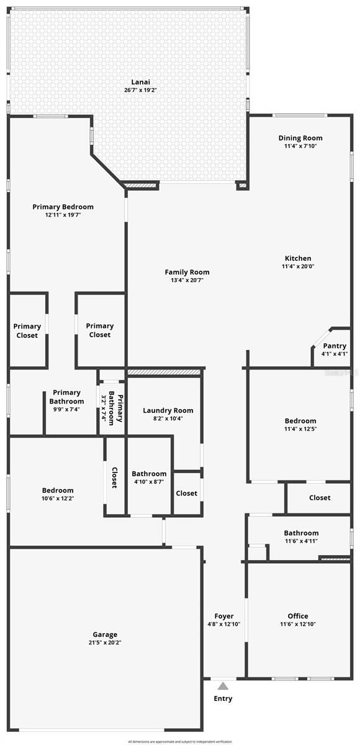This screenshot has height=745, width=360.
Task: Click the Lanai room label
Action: point(140,82)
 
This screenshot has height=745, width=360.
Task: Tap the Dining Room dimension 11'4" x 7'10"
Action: point(300,147)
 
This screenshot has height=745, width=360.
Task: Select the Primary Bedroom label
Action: point(63,207)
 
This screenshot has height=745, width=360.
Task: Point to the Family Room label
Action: point(187,272)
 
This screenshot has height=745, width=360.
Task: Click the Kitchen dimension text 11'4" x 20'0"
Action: point(298,267)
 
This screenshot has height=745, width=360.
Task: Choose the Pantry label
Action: point(335,346)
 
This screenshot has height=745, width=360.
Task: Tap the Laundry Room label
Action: point(168,410)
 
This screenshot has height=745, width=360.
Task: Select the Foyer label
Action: point(223,616)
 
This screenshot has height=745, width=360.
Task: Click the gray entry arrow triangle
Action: point(223,685)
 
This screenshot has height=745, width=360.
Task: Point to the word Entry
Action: point(223,698)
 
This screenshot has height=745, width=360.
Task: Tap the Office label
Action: point(298,616)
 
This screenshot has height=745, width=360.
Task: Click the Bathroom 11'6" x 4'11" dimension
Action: point(301,541)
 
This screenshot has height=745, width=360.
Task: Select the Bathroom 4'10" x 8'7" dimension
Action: point(149,482)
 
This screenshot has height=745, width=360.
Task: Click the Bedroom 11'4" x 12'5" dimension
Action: point(300,428)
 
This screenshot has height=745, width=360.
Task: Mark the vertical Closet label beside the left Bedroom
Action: point(114,477)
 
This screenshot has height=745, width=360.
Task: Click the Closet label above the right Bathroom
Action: point(320,497)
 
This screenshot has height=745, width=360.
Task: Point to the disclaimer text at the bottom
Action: point(180,741)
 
